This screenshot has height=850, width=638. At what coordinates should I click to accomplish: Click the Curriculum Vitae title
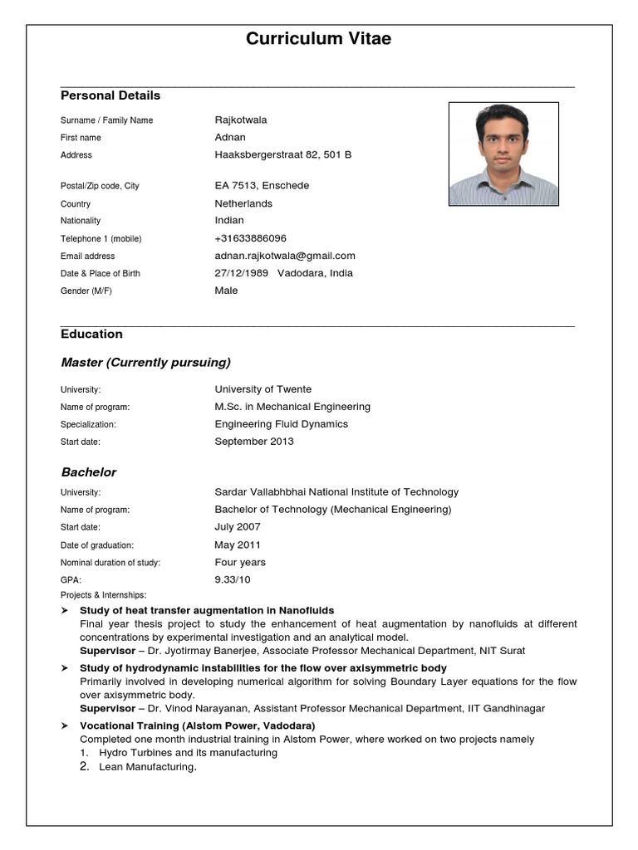318,39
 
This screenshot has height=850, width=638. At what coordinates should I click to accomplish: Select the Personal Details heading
110,95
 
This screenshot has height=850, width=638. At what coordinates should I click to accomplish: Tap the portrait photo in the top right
503,154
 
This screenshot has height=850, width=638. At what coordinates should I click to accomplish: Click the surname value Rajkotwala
241,120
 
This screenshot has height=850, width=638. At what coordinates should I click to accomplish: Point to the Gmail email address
285,256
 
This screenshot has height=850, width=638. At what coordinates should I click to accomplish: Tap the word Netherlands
243,203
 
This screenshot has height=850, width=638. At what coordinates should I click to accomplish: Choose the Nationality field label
81,221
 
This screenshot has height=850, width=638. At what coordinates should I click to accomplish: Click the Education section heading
91,334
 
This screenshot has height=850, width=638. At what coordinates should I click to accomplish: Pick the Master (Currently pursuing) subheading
145,363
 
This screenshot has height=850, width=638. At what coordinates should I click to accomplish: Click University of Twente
263,389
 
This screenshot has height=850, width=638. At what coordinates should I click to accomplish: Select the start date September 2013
254,442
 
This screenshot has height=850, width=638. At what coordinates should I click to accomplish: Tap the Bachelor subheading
89,472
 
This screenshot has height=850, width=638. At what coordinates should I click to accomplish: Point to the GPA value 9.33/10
232,579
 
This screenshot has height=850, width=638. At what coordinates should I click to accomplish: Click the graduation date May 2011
238,545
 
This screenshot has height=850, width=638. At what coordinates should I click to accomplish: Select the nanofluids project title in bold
207,610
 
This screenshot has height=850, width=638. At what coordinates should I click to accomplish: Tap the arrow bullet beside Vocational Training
65,725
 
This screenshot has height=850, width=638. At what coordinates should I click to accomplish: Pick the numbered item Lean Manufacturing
147,767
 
